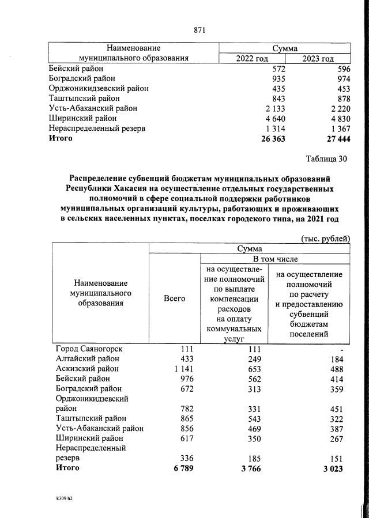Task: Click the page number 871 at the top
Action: pyautogui.click(x=200, y=29)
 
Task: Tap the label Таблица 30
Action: pyautogui.click(x=326, y=158)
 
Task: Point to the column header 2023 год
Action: pyautogui.click(x=318, y=59)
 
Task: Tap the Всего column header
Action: pyautogui.click(x=174, y=298)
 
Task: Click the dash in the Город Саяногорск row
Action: pyautogui.click(x=342, y=349)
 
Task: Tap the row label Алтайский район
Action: pyautogui.click(x=87, y=358)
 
